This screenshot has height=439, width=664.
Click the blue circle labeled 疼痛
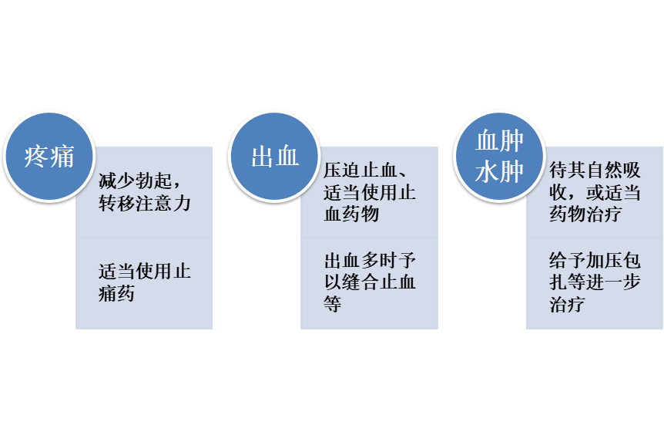coord(49,157)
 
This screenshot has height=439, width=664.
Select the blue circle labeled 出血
coord(275,157)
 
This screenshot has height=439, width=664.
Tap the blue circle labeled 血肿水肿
coord(499,157)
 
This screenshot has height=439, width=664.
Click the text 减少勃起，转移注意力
coord(144,193)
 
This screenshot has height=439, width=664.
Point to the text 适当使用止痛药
coord(144,282)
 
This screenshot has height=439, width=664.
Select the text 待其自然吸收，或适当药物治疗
coord(595,192)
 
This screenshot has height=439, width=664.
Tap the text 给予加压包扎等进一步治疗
coord(595,282)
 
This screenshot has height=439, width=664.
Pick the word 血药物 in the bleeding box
coord(351,214)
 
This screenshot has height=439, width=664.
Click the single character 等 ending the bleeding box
coord(333,304)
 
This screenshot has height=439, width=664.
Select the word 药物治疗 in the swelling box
coord(585,214)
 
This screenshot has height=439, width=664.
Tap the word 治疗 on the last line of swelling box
coord(567,304)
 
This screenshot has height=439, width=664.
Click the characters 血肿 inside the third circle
coord(499,141)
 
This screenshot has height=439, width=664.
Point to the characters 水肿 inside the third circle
coord(499,172)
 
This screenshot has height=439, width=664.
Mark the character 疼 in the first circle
coord(36,157)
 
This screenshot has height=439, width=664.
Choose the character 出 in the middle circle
coord(262,157)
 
